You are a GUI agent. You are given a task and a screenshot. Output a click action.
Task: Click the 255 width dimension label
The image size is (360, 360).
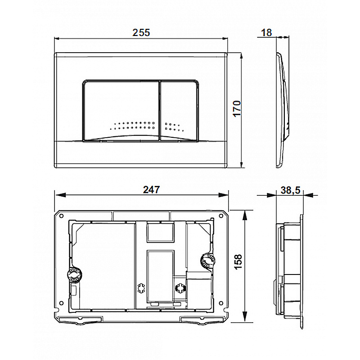[141, 32]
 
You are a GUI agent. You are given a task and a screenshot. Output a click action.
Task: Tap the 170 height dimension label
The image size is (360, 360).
[237, 108]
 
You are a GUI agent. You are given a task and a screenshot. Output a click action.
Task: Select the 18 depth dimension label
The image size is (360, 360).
[266, 32]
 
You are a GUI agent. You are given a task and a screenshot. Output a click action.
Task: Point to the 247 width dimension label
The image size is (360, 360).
[151, 189]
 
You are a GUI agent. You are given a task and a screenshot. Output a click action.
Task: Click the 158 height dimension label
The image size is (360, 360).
[238, 262]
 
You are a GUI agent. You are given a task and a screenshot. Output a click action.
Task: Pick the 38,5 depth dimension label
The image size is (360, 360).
[290, 190]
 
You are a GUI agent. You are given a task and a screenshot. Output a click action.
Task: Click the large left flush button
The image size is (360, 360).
[121, 110]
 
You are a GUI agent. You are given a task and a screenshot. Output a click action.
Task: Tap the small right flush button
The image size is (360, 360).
[179, 110]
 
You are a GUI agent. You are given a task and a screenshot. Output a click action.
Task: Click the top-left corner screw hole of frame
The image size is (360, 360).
[61, 216]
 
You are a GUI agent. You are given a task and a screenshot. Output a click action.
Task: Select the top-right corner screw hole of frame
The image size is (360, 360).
[221, 216]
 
